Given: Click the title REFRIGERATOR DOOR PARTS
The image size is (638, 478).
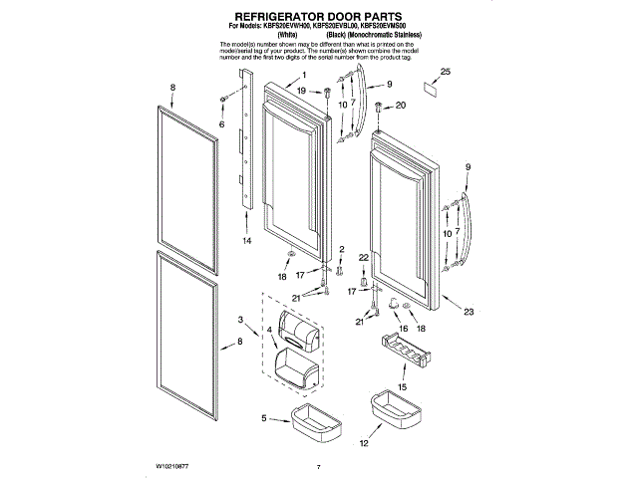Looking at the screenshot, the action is coord(318,18).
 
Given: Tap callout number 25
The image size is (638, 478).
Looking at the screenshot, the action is coord(446,72).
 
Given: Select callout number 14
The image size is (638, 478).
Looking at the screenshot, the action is coord(247,241).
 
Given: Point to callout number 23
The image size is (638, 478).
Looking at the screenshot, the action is coord(469,313).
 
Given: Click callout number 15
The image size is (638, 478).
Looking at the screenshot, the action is coord(403,387).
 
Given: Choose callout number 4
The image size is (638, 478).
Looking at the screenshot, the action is coord(269,330).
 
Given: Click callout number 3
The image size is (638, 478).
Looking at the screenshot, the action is coord(240,319).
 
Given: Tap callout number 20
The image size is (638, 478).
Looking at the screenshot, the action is coord(400,106).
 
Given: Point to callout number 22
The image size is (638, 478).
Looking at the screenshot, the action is coord(364,258).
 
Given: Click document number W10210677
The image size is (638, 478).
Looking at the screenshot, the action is coord(177,465).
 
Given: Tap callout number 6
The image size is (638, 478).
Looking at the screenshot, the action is coord(221,124).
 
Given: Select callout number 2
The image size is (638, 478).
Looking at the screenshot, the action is coord(340,249).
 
